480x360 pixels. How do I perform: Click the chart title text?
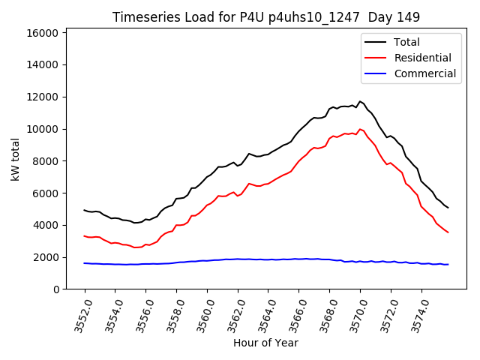[x=266, y=16]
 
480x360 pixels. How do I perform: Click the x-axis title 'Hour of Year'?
[x=265, y=343]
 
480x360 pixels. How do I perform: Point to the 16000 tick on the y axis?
[x=43, y=33]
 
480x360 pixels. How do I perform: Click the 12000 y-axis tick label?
[x=43, y=97]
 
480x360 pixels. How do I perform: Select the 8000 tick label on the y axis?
[x=46, y=161]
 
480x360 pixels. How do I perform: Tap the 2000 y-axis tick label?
[x=46, y=257]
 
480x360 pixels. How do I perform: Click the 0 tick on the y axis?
[x=55, y=289]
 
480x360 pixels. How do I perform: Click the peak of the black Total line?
[x=360, y=101]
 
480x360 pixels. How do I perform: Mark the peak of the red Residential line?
[x=360, y=129]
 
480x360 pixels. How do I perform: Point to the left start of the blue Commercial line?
[x=85, y=263]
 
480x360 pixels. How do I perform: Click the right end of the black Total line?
[x=448, y=208]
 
